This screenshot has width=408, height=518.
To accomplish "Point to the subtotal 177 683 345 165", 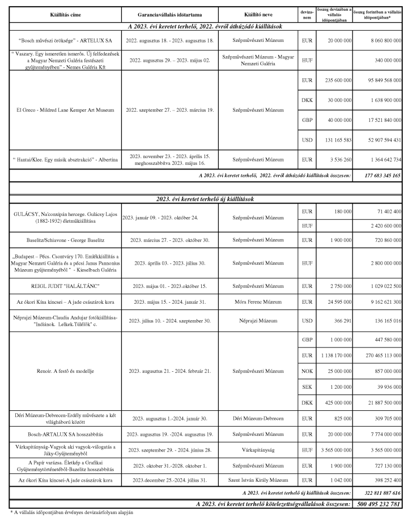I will [380, 176].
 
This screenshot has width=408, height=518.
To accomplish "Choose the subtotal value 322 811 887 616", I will [380, 494].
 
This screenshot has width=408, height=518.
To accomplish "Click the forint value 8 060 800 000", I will [381, 41].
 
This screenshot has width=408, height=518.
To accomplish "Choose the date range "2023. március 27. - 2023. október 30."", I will [170, 239].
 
